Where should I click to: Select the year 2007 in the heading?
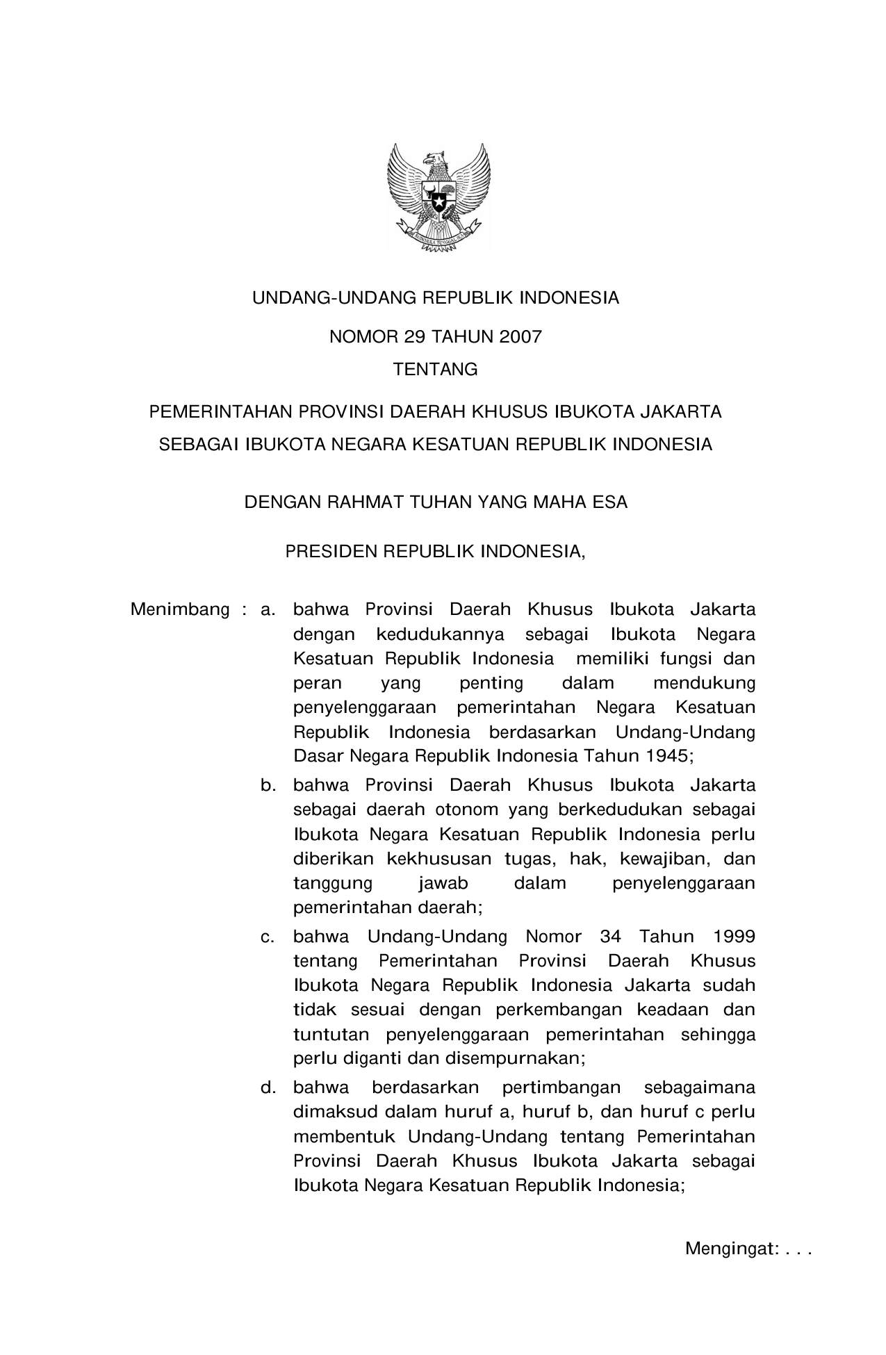tap(520, 338)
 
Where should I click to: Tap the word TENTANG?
tap(436, 370)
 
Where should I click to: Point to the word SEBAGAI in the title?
tap(198, 445)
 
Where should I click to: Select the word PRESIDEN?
tap(330, 552)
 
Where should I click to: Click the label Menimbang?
tap(180, 610)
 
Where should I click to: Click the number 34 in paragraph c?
tap(610, 937)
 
